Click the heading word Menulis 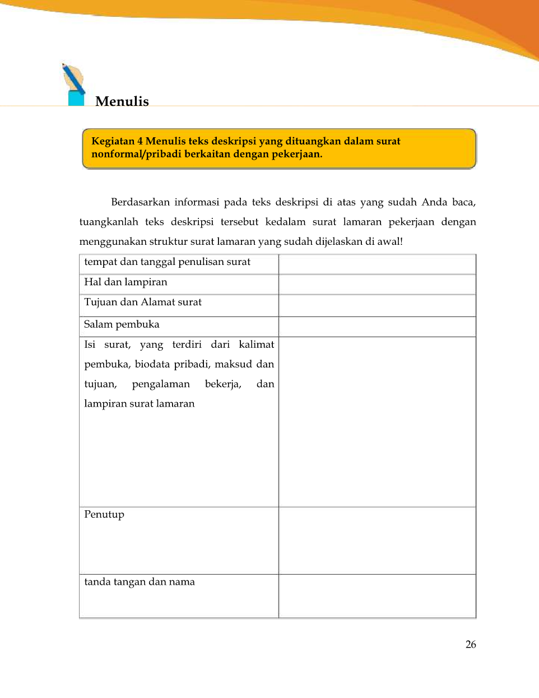coord(122,101)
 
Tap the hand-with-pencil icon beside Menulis coord(74,84)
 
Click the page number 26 coord(471,644)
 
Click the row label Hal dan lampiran coord(126,282)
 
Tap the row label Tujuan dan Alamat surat coord(143,302)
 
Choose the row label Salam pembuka coord(122,324)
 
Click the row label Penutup coord(104,514)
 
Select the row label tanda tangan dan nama coord(140,581)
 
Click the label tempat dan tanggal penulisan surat coord(167,262)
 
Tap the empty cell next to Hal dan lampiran coord(377,284)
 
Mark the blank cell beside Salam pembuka coord(377,327)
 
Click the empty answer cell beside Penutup coord(377,541)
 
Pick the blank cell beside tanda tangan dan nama coord(377,596)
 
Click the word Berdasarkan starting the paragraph coord(140,202)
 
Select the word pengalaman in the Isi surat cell coord(161,384)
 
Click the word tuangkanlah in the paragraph coord(109,222)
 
